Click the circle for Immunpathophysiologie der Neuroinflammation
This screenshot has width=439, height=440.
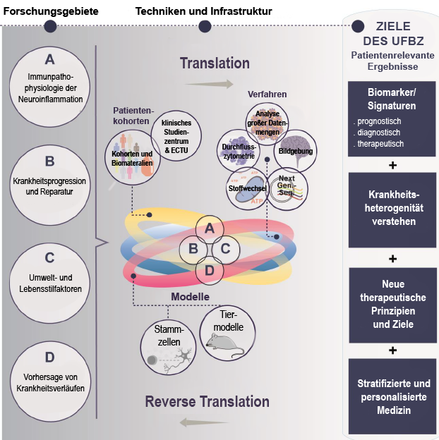tap(49, 79)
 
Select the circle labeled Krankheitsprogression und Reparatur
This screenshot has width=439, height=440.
tap(49, 177)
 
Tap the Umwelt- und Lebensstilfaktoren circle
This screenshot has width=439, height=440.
tap(49, 274)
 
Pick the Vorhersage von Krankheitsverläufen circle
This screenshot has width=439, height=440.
tap(49, 372)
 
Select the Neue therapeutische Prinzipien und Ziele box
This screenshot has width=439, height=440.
tap(392, 304)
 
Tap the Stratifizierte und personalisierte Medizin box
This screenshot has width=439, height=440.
tap(392, 396)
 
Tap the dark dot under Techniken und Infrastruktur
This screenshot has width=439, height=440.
tap(205, 27)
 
